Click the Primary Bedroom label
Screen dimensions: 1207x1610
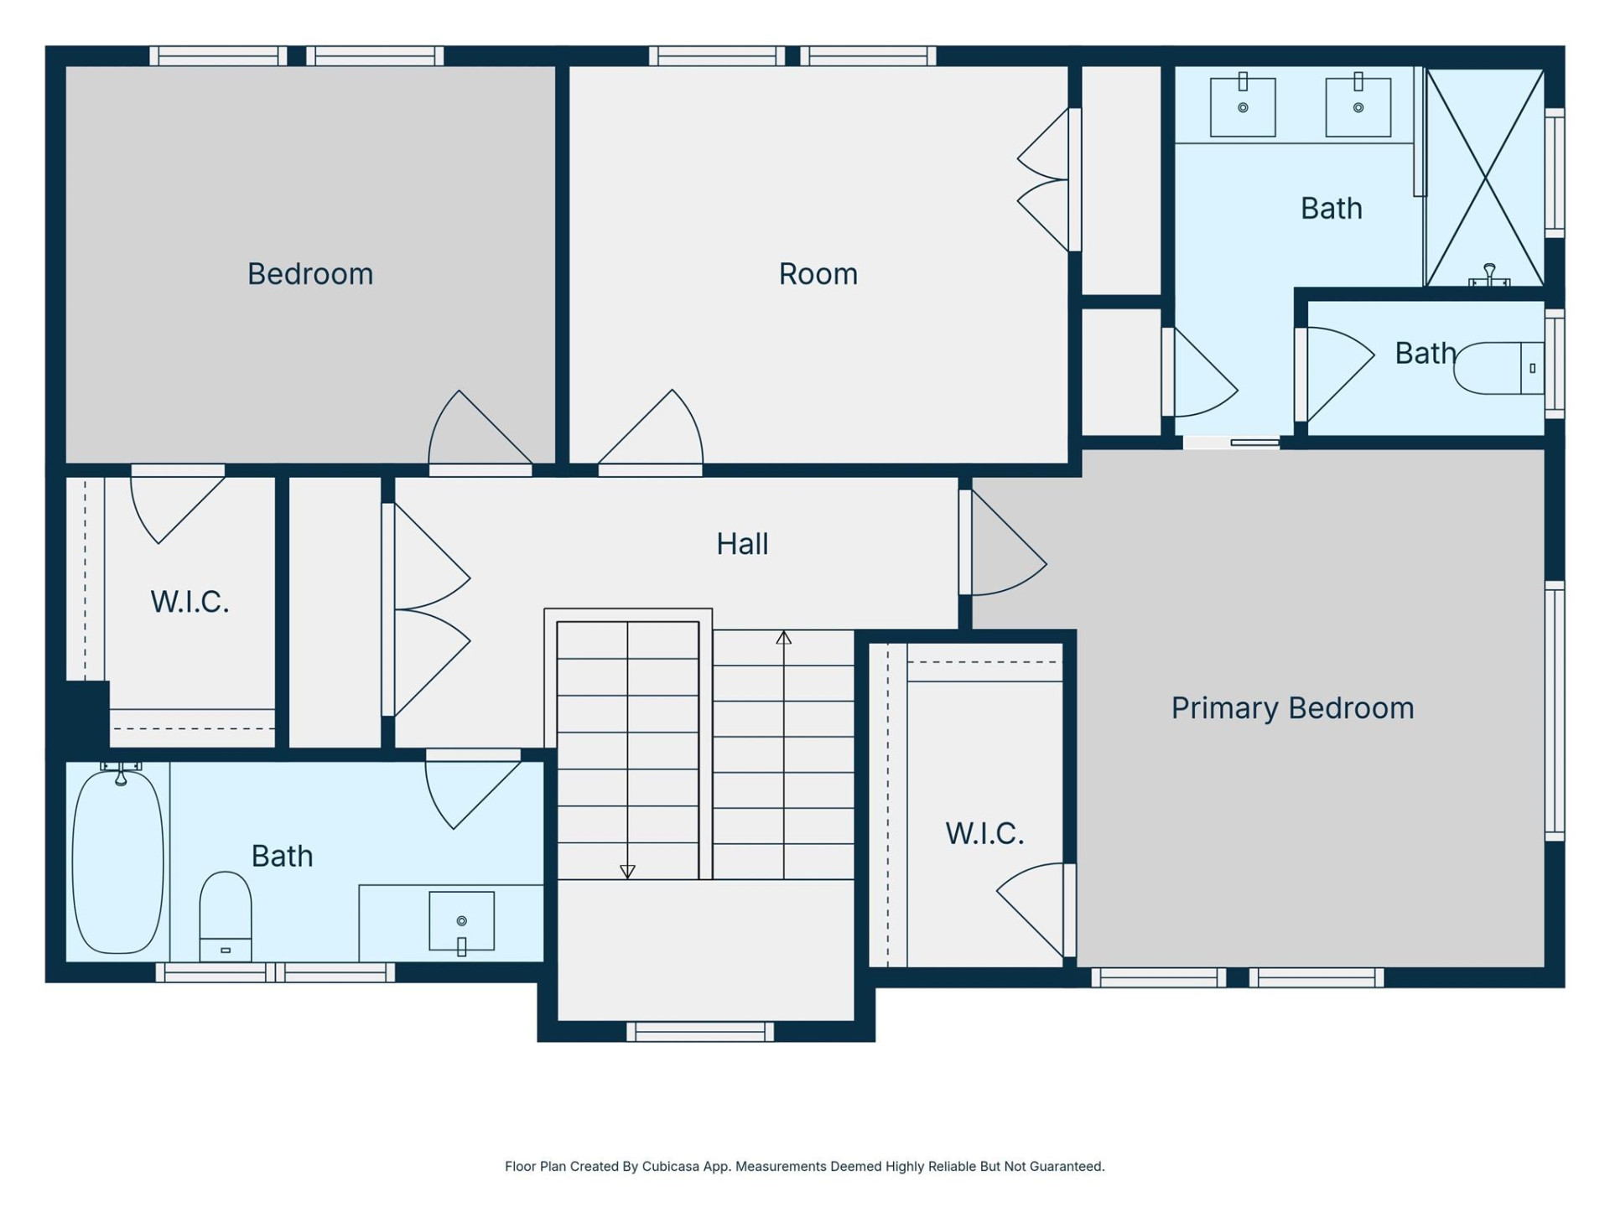coord(1292,708)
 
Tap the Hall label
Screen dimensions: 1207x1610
coord(742,544)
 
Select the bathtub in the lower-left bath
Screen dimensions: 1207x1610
coord(117,862)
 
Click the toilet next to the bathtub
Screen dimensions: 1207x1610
coord(225,915)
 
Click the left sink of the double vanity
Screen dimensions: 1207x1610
coord(1243,106)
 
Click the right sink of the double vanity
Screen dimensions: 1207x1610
coord(1358,106)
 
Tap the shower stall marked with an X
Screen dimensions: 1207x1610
coord(1485,178)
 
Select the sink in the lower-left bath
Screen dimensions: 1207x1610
coord(461,921)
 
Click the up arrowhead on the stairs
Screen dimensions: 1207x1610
coord(783,638)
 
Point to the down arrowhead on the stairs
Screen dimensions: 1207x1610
coord(627,872)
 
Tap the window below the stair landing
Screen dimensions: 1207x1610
coord(700,1031)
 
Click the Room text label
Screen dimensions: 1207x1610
coord(818,274)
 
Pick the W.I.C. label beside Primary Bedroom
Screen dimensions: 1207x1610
coord(984,833)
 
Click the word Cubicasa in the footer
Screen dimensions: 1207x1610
coord(670,1166)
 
